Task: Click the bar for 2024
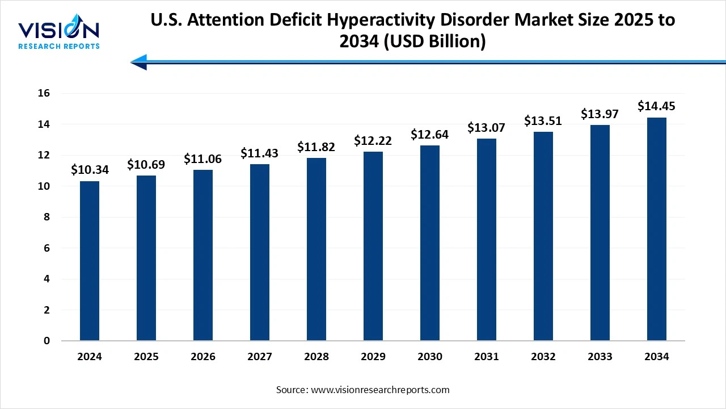tap(90, 261)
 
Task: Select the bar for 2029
tap(373, 247)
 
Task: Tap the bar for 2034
tap(657, 229)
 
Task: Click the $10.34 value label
tap(90, 169)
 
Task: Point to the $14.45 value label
tap(657, 106)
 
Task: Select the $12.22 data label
tap(373, 140)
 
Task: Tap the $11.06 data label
tap(203, 159)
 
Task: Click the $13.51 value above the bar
tap(543, 120)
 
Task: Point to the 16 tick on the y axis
tap(44, 93)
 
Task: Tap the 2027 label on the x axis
tap(260, 357)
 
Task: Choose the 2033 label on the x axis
tap(600, 357)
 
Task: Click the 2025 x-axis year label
tap(146, 357)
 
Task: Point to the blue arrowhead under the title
tap(140, 61)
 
